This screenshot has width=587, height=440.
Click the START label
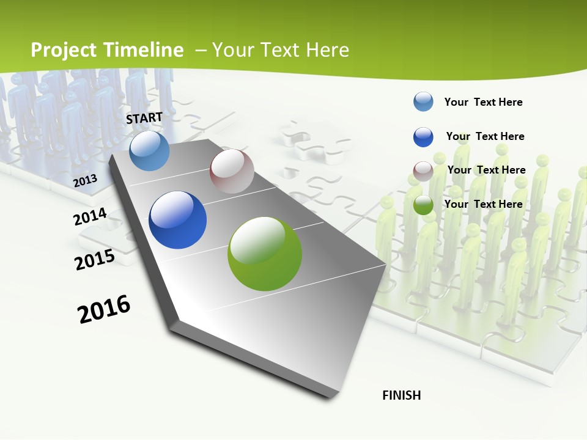(x=144, y=117)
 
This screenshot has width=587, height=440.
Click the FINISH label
(x=402, y=395)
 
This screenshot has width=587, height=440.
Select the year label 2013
(x=85, y=181)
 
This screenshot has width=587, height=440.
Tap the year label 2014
(x=90, y=217)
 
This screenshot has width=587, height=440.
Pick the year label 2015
(x=95, y=260)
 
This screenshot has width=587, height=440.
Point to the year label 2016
(x=104, y=309)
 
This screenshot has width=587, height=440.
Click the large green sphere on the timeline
(x=265, y=254)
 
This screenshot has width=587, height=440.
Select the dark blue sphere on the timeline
(x=177, y=220)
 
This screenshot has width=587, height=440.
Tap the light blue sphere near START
(x=149, y=151)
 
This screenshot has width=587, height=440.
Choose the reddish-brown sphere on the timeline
(x=232, y=171)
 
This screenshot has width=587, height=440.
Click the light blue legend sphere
(x=423, y=101)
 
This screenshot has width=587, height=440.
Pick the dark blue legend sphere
(x=423, y=137)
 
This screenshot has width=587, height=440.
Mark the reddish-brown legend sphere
(x=423, y=171)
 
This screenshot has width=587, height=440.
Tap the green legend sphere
(x=423, y=205)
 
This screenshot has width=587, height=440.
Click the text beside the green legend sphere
(x=483, y=204)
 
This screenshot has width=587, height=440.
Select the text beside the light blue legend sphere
(x=483, y=102)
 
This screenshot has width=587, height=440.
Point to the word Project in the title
(x=64, y=50)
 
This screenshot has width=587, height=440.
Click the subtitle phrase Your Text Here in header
(x=281, y=50)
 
